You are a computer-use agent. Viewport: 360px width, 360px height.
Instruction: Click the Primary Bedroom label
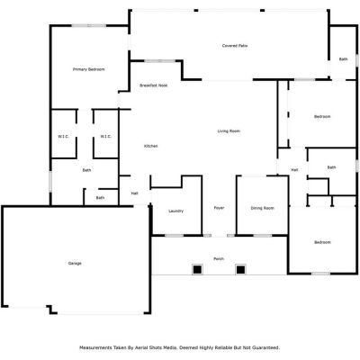pyautogui.click(x=89, y=69)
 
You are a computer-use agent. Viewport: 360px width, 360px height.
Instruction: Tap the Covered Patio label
pyautogui.click(x=235, y=46)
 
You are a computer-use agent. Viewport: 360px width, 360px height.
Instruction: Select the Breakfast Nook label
pyautogui.click(x=154, y=85)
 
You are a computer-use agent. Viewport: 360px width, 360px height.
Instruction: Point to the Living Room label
pyautogui.click(x=229, y=131)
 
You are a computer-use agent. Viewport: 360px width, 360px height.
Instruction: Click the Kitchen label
pyautogui.click(x=151, y=146)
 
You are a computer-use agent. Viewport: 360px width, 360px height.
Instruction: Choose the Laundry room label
pyautogui.click(x=175, y=211)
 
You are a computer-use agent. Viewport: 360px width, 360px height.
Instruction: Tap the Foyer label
pyautogui.click(x=219, y=208)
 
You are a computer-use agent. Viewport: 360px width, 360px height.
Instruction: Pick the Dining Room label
pyautogui.click(x=263, y=208)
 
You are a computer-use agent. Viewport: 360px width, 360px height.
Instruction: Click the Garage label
pyautogui.click(x=75, y=264)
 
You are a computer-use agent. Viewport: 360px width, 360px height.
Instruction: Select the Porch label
pyautogui.click(x=219, y=259)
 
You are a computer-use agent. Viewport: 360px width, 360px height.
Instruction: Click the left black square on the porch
pyautogui.click(x=197, y=270)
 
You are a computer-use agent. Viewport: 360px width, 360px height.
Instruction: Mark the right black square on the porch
pyautogui.click(x=240, y=270)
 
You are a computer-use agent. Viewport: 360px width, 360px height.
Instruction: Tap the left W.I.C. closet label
pyautogui.click(x=63, y=137)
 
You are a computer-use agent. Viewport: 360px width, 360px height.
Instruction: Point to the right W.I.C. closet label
pyautogui.click(x=105, y=137)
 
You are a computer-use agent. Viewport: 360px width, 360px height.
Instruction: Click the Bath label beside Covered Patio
pyautogui.click(x=344, y=59)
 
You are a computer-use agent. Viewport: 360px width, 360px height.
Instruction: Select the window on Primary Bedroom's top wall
pyautogui.click(x=89, y=26)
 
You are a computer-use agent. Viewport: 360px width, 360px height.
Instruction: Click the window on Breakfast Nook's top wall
pyautogui.click(x=160, y=61)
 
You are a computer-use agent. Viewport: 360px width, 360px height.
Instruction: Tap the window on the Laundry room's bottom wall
pyautogui.click(x=174, y=236)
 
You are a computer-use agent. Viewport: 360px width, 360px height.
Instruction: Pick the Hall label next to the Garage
pyautogui.click(x=135, y=193)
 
